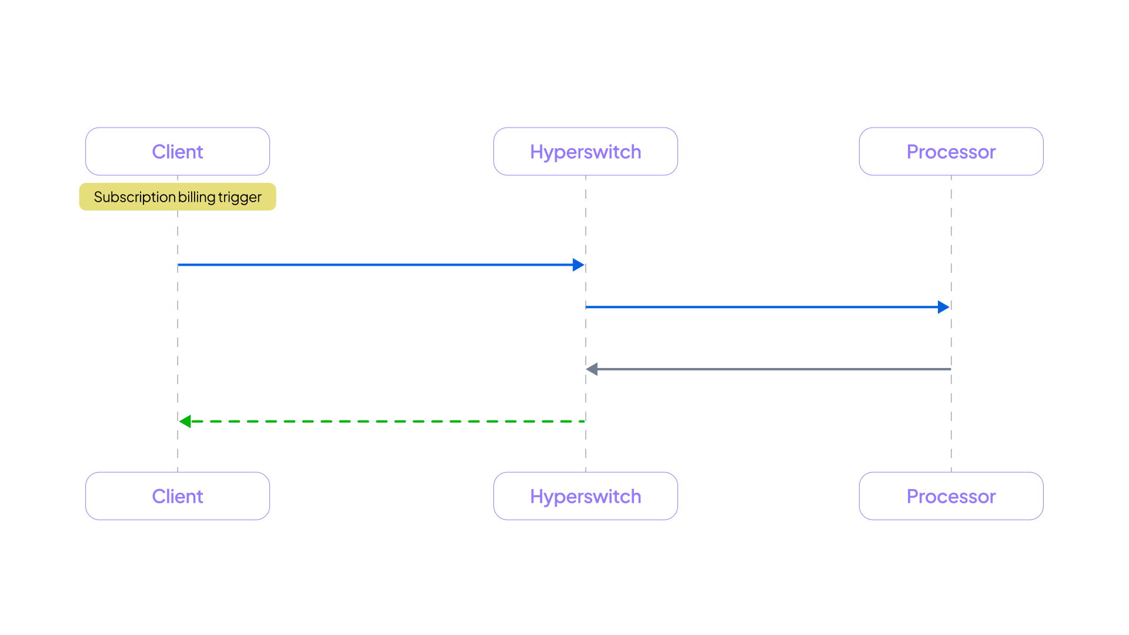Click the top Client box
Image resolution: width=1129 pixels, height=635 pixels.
pos(178,152)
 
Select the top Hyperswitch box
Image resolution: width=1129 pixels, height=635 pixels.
pos(586,152)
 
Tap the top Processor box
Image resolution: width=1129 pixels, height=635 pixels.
pos(951,152)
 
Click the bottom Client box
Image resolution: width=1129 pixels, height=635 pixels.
pos(178,496)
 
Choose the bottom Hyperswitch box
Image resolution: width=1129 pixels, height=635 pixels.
pos(586,496)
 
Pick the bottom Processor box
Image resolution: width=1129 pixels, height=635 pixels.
pos(951,496)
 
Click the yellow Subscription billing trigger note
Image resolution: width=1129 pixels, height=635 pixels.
pos(178,197)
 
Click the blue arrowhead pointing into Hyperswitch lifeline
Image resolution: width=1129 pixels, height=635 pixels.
pos(579,265)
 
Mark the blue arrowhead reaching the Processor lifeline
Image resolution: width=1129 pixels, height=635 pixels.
pos(944,307)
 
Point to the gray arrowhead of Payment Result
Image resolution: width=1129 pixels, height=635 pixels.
pos(592,369)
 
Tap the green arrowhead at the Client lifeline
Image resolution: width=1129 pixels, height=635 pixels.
pos(185,421)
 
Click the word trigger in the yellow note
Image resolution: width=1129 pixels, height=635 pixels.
pos(240,197)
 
